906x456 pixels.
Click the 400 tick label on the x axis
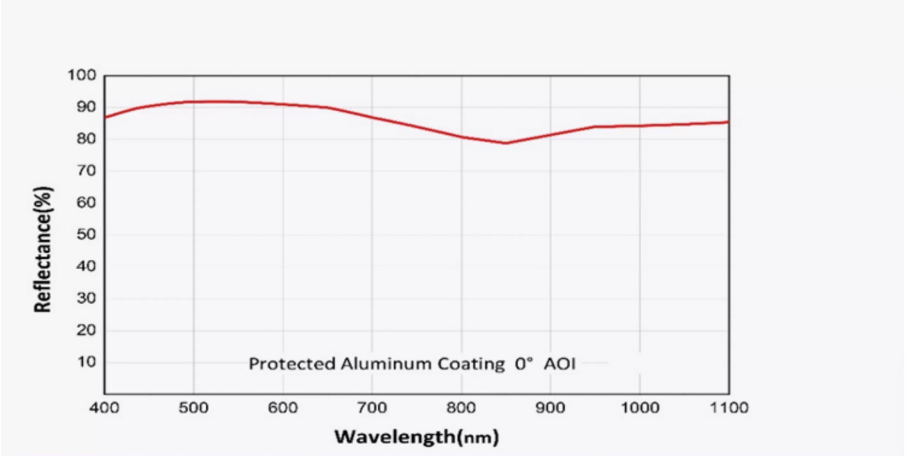click(x=104, y=408)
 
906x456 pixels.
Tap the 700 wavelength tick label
click(x=372, y=408)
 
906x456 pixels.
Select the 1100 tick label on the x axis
click(x=728, y=408)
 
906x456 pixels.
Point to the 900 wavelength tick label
click(x=550, y=408)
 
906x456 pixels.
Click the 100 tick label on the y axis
click(x=82, y=75)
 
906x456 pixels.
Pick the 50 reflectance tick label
click(x=85, y=234)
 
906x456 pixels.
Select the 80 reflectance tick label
click(x=85, y=139)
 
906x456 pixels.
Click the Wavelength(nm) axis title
click(x=417, y=436)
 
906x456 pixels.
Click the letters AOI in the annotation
click(x=559, y=364)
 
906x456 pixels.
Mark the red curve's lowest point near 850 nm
click(x=506, y=143)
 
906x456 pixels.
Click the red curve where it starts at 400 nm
click(x=106, y=117)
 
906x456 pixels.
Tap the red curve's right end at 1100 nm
click(x=728, y=122)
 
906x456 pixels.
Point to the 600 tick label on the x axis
click(x=283, y=408)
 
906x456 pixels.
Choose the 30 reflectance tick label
click(x=85, y=298)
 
